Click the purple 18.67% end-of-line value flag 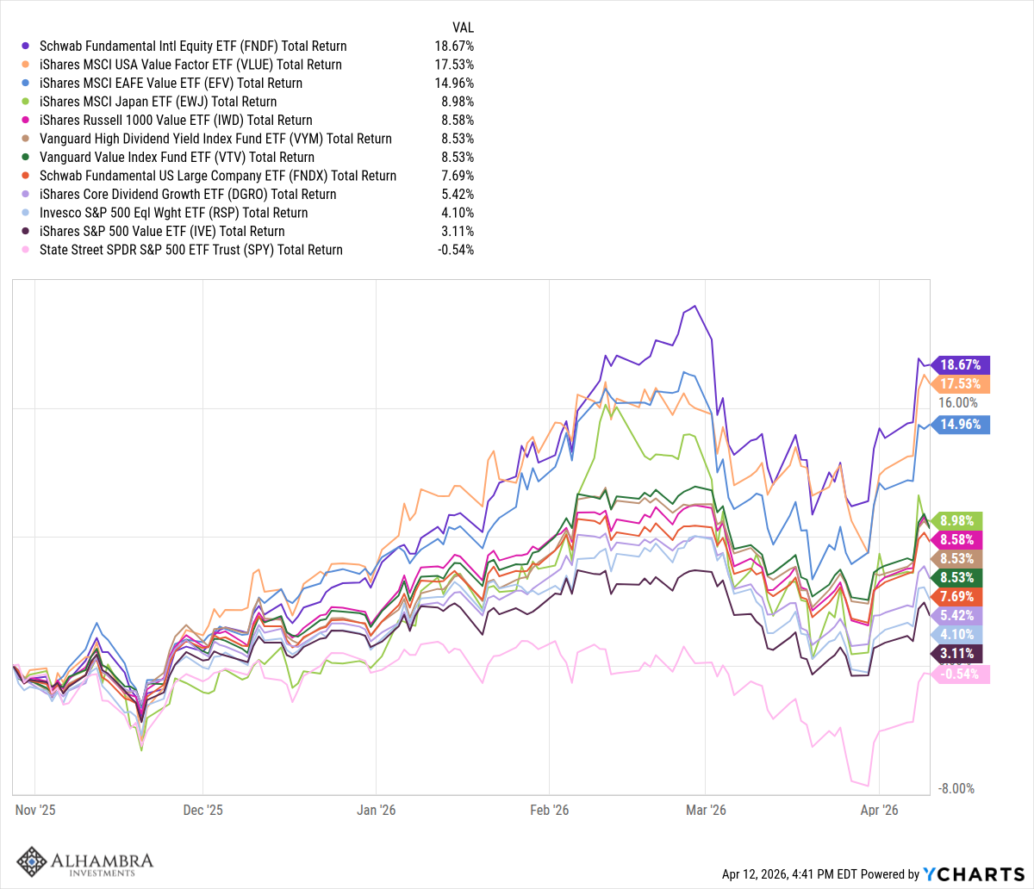pyautogui.click(x=961, y=365)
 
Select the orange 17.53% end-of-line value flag pyautogui.click(x=961, y=384)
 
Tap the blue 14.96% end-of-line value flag pyautogui.click(x=961, y=424)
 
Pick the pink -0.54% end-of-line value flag pyautogui.click(x=961, y=674)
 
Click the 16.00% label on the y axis pyautogui.click(x=959, y=403)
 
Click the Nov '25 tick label pyautogui.click(x=35, y=810)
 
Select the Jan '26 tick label pyautogui.click(x=377, y=810)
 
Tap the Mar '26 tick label pyautogui.click(x=705, y=810)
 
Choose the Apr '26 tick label pyautogui.click(x=880, y=810)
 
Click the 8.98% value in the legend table pyautogui.click(x=457, y=102)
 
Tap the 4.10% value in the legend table pyautogui.click(x=457, y=213)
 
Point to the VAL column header pyautogui.click(x=463, y=26)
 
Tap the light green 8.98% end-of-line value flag pyautogui.click(x=961, y=520)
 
